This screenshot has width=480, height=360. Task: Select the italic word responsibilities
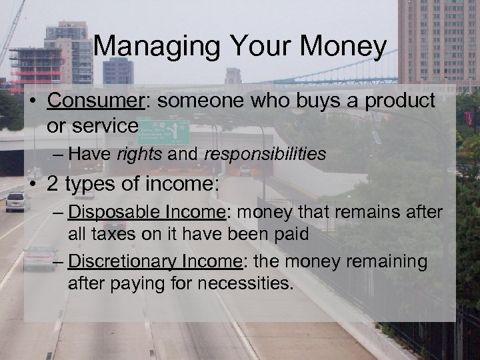tap(265, 155)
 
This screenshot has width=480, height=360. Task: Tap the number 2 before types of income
tap(52, 183)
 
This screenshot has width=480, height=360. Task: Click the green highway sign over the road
tap(164, 131)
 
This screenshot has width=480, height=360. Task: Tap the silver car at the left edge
tap(17, 201)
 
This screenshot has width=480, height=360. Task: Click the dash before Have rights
tap(58, 155)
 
